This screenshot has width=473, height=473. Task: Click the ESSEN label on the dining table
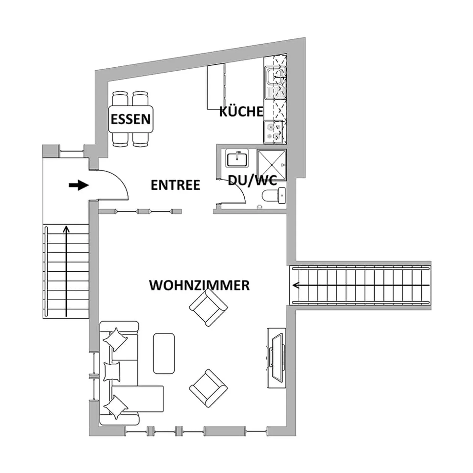tap(130, 119)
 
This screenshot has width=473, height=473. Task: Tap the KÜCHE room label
tap(241, 111)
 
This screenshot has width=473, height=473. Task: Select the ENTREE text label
tap(175, 185)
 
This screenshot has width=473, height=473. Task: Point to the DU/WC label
tap(252, 180)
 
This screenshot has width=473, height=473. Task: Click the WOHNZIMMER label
tap(199, 285)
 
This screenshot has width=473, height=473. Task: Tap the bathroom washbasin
tap(237, 158)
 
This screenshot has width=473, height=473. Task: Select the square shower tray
tap(271, 165)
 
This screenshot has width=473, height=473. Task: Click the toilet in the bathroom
tap(274, 196)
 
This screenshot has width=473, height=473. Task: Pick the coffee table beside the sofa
tap(164, 353)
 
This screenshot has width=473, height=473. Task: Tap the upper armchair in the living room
tap(208, 307)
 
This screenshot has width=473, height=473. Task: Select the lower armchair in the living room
tap(208, 388)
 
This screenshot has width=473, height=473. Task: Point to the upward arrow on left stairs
tap(66, 271)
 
